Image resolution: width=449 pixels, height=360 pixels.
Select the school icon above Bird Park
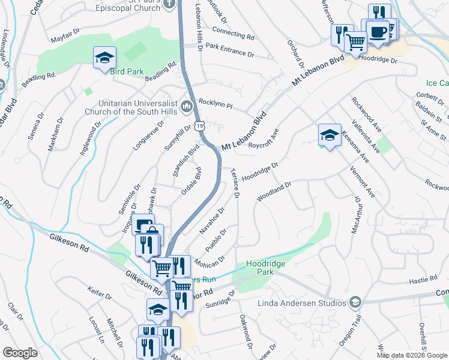pos(104,57)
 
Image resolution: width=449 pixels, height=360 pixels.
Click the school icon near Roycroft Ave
pos(330,134)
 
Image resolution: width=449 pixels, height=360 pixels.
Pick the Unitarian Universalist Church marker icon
pos(187,107)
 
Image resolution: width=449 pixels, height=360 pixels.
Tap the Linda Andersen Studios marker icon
pos(355,301)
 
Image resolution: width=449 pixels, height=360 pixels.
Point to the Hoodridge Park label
pos(265,268)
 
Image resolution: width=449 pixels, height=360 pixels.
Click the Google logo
pos(20,353)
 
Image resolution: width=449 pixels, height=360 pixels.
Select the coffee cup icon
pos(377,32)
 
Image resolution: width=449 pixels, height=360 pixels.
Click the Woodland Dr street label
pos(274,191)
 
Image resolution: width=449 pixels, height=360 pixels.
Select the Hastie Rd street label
pos(424,278)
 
